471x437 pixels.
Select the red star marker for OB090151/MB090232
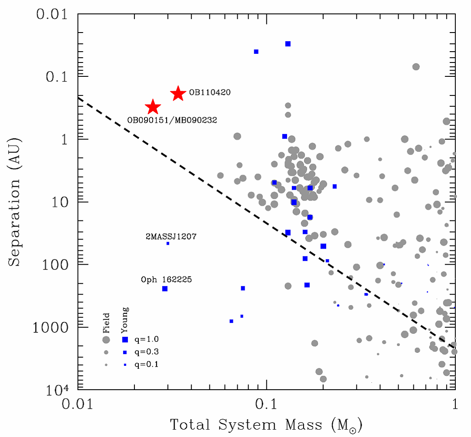(153, 107)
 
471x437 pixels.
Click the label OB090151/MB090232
(172, 120)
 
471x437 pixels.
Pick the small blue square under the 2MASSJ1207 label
(168, 243)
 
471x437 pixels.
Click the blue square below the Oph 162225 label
(165, 289)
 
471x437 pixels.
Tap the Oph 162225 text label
(167, 280)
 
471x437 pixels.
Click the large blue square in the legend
(125, 339)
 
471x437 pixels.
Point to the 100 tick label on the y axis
(52, 265)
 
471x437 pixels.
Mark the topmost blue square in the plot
(288, 44)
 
